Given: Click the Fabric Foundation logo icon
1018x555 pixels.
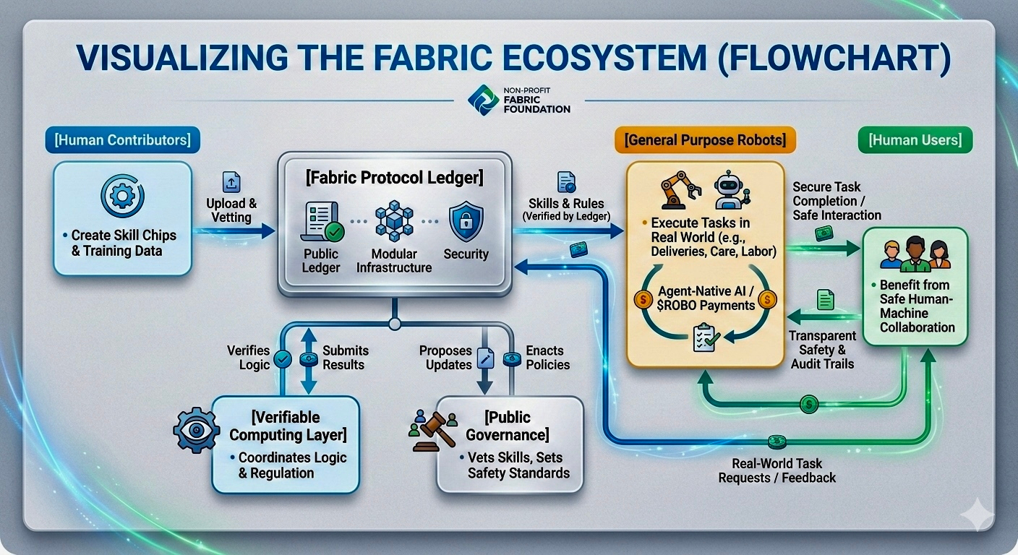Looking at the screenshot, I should coord(482,100).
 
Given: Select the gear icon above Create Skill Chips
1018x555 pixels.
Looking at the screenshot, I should coord(122,195).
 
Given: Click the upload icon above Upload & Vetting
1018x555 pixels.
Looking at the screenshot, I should coord(231,182).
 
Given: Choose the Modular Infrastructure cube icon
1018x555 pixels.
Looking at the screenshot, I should coord(394,221).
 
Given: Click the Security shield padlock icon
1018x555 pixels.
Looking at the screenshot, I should coord(466,221).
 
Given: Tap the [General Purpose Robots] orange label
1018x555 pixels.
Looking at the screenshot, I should coord(704,139).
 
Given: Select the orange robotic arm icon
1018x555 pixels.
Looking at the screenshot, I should coord(680,190).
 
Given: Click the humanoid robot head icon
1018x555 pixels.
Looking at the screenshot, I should coord(730,190).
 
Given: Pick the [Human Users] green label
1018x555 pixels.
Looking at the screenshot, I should coord(915,140).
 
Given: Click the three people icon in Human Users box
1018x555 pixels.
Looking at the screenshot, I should coord(915,253).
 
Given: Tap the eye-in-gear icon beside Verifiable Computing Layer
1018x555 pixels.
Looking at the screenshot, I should coord(196,431).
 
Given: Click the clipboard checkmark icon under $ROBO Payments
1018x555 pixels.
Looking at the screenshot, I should coord(704,337).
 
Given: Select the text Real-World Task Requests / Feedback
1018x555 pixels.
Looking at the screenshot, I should coord(777,470).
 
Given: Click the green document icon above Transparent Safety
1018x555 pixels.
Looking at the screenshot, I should coord(825,299).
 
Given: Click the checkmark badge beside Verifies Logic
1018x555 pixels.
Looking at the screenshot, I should coord(283,358).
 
